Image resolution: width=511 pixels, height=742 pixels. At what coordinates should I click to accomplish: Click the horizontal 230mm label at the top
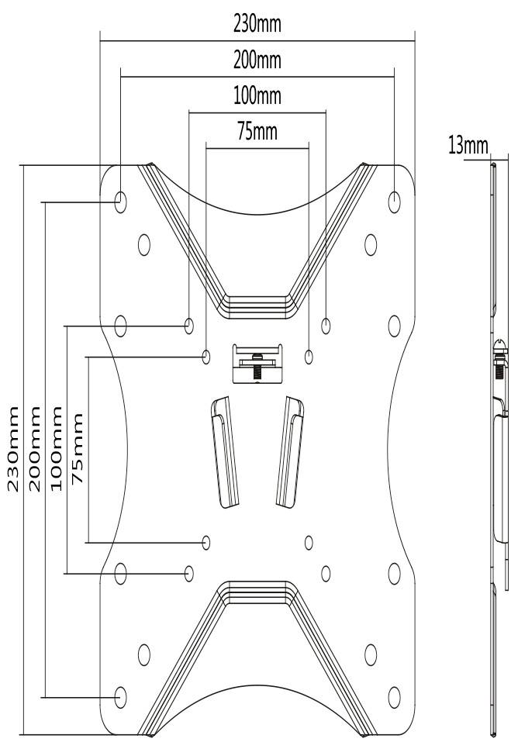coord(257,24)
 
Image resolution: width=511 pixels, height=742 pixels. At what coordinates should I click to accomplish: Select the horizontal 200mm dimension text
coord(257,60)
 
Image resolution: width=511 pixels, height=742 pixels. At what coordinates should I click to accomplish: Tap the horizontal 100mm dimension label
coord(257,96)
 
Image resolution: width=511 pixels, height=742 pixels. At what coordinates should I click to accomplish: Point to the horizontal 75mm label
coord(257,132)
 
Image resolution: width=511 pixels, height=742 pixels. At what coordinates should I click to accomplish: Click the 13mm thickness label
coord(468,146)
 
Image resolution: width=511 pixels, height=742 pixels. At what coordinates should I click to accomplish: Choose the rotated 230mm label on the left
coord(14,447)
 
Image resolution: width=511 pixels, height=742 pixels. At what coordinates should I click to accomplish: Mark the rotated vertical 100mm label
coord(57,447)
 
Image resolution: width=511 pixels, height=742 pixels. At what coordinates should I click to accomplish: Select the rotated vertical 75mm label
coord(78,447)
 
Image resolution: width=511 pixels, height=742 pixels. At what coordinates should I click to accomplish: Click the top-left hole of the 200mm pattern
coord(121,201)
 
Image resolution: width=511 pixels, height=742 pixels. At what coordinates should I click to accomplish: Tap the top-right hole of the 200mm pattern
coord(395,201)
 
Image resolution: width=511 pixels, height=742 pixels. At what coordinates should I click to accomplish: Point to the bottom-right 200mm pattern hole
coord(395,695)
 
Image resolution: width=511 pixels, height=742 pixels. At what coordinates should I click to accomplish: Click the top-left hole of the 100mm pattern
coord(189,324)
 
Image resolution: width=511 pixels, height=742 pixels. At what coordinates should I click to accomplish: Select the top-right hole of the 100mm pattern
coord(326,324)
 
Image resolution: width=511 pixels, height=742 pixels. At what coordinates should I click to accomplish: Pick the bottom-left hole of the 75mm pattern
coord(206,541)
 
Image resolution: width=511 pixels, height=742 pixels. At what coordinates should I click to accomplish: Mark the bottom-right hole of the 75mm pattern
coord(309,541)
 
